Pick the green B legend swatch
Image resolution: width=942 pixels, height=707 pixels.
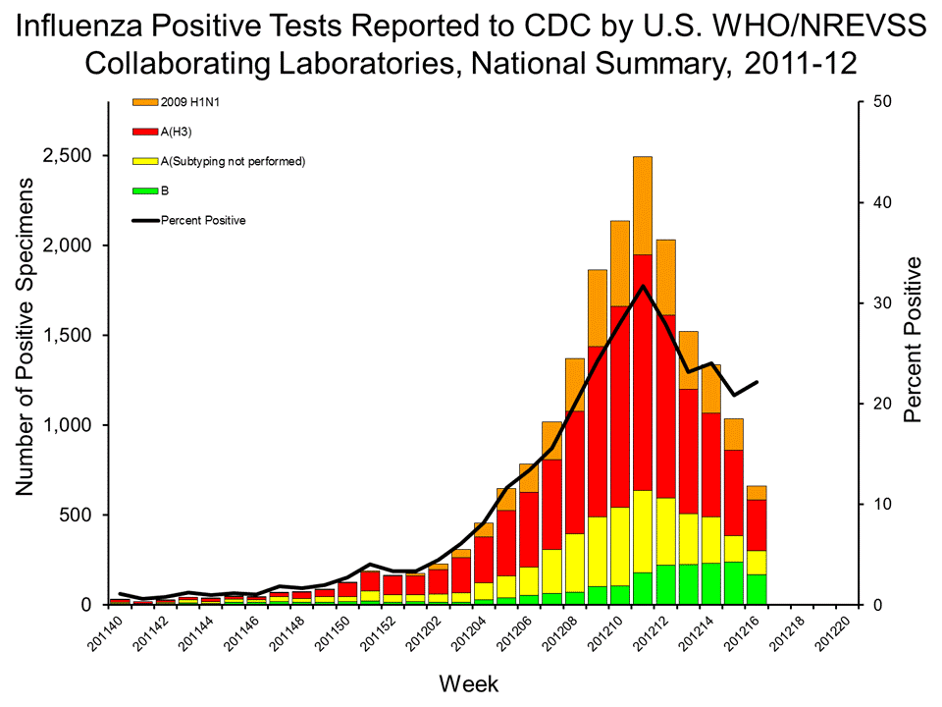(143, 190)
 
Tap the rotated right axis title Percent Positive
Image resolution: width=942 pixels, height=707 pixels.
(913, 340)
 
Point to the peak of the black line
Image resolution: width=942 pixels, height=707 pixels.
(643, 286)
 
